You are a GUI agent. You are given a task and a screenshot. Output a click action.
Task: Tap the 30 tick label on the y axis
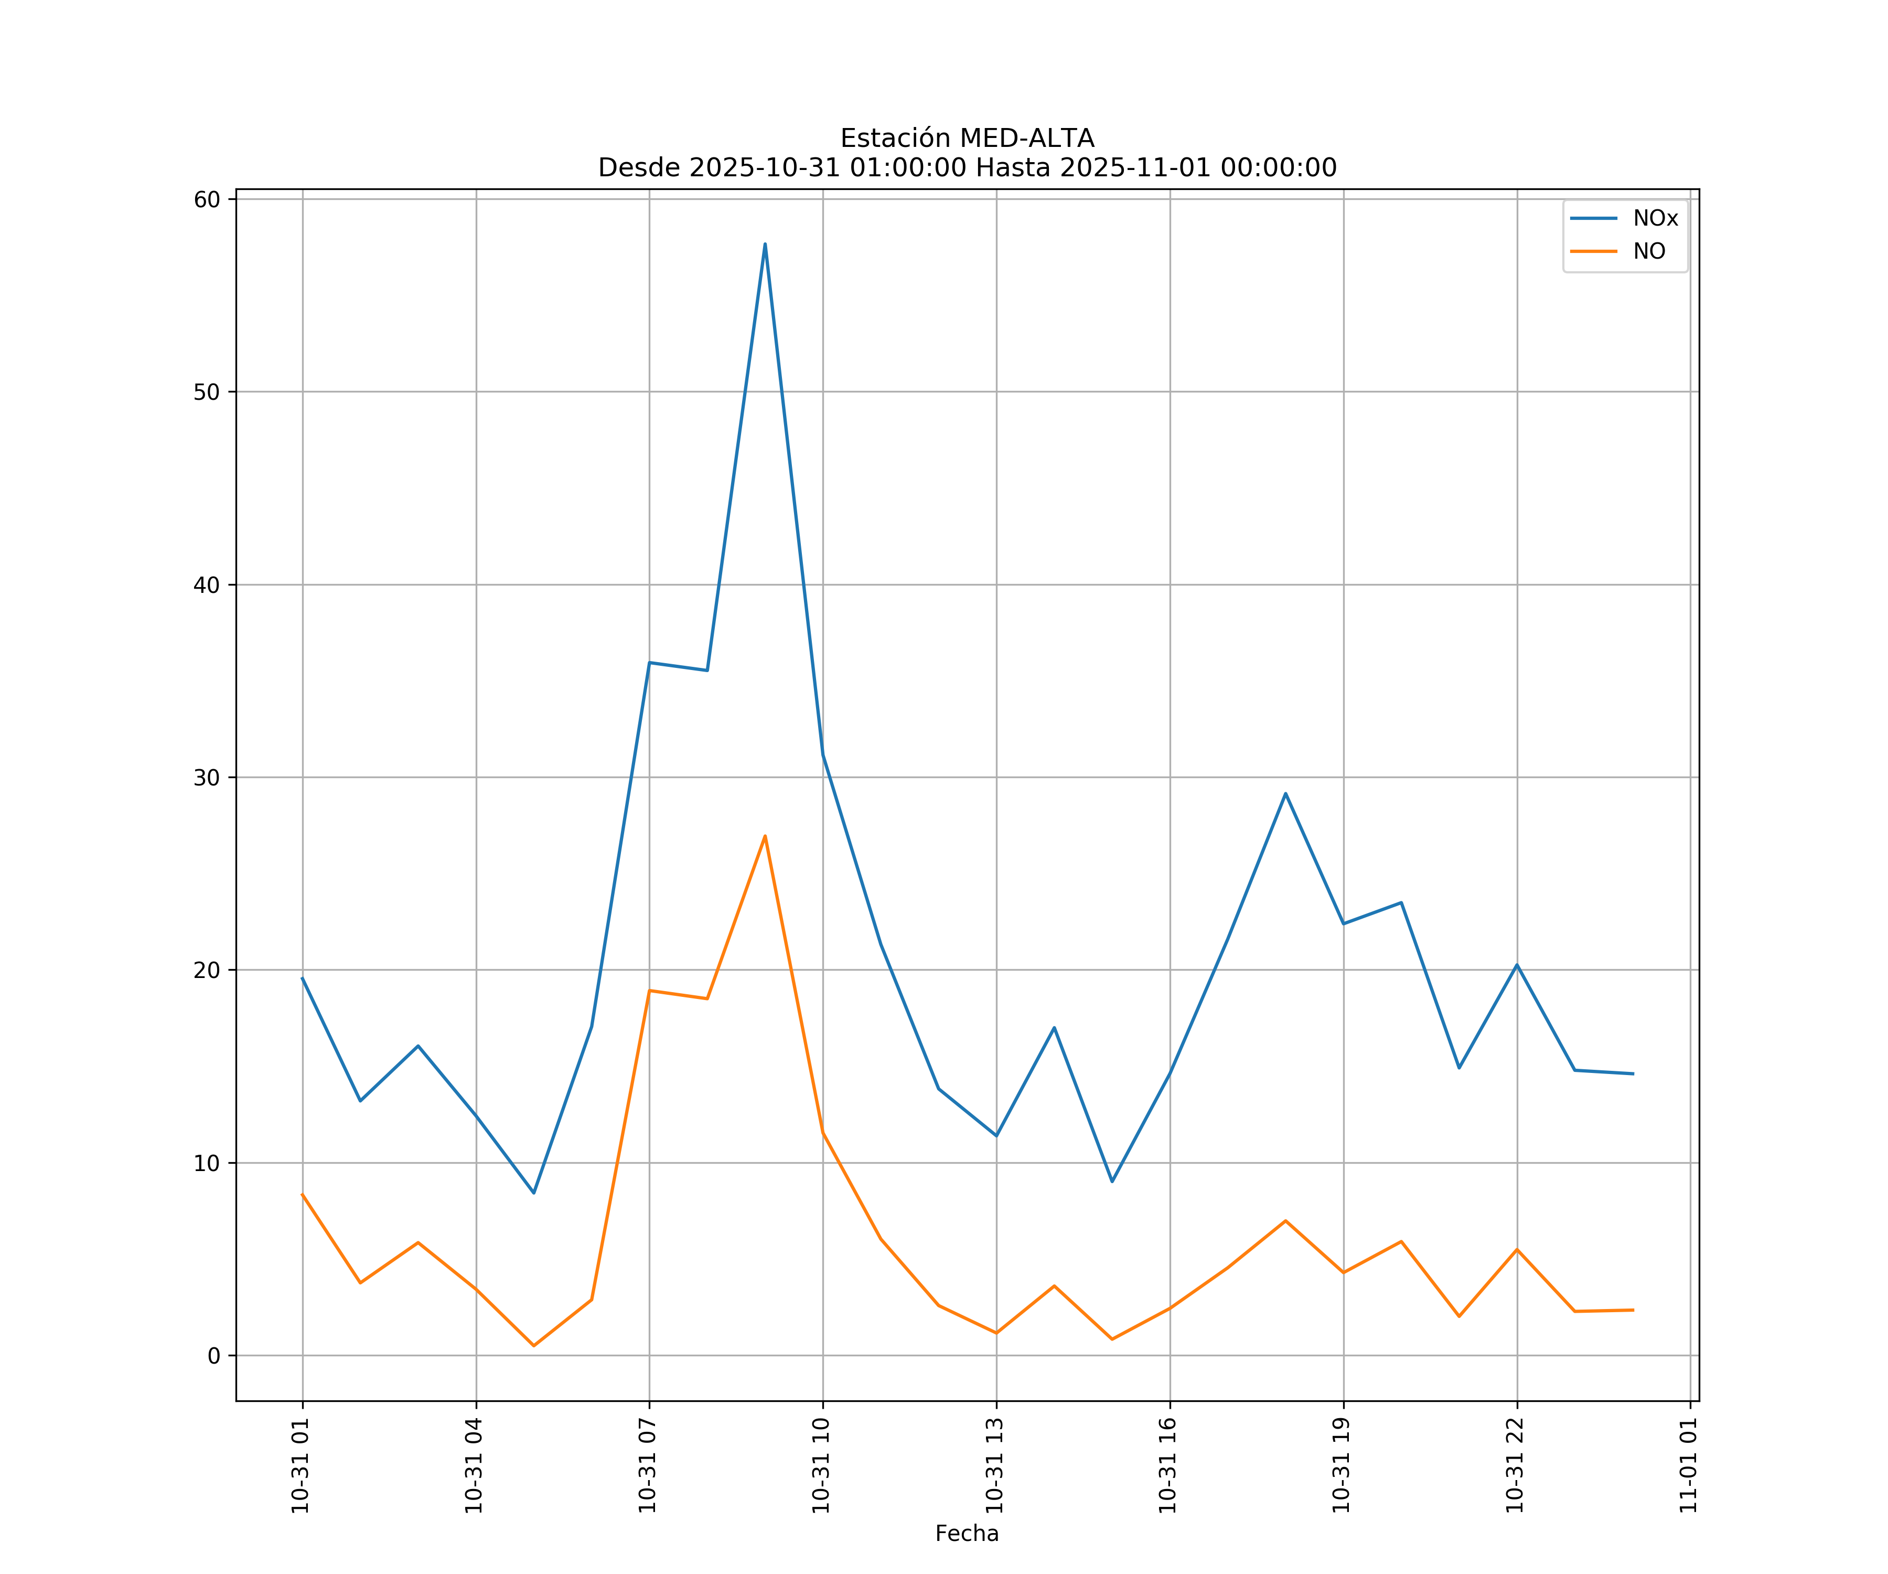pyautogui.click(x=207, y=778)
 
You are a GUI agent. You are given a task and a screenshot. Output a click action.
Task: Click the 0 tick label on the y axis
pyautogui.click(x=214, y=1356)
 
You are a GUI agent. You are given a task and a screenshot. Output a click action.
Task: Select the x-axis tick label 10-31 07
pyautogui.click(x=647, y=1465)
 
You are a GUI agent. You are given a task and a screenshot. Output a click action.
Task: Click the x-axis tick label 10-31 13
pyautogui.click(x=994, y=1465)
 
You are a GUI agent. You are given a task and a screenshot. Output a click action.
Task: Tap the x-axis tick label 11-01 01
pyautogui.click(x=1688, y=1465)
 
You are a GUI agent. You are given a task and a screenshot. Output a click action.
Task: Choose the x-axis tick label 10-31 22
pyautogui.click(x=1515, y=1465)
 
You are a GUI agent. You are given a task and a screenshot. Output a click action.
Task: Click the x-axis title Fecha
pyautogui.click(x=967, y=1534)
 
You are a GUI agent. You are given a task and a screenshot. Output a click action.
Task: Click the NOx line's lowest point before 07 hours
pyautogui.click(x=533, y=1193)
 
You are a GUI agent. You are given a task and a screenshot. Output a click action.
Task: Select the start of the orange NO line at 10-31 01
pyautogui.click(x=303, y=1195)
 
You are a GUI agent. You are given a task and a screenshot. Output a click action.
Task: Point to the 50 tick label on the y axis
pyautogui.click(x=207, y=392)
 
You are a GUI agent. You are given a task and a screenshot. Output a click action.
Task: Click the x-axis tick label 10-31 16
pyautogui.click(x=1168, y=1465)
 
